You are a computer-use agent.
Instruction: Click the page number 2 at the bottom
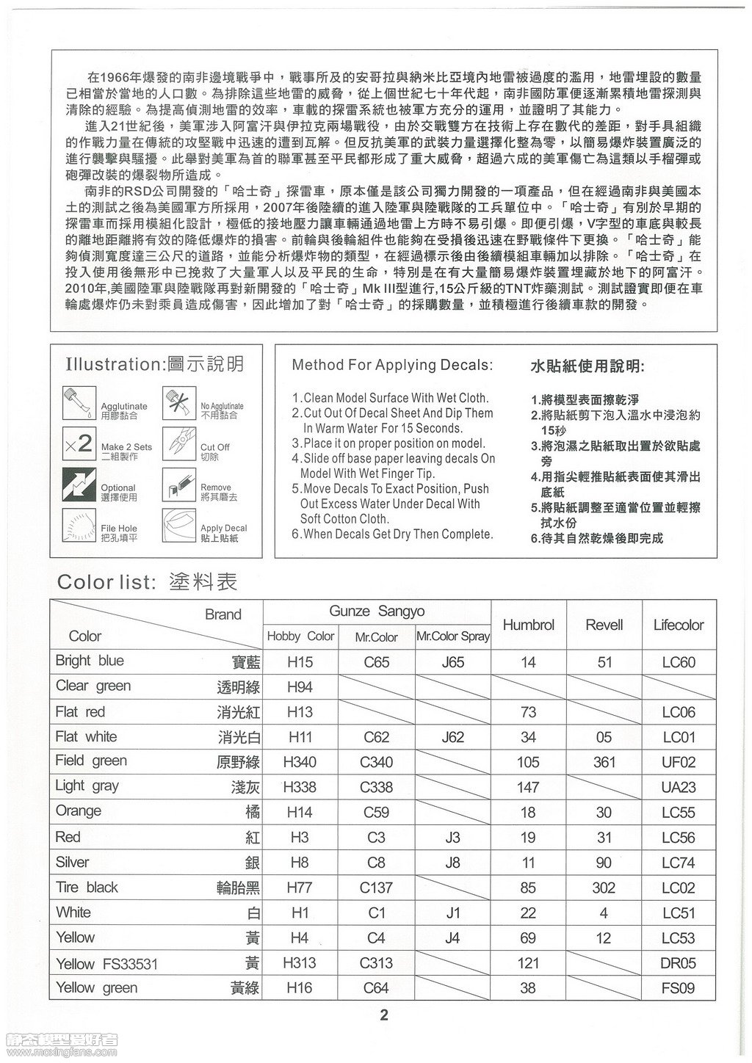point(383,1016)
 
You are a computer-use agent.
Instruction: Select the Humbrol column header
point(528,625)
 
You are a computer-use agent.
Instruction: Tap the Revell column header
point(604,625)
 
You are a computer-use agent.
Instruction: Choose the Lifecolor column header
point(678,625)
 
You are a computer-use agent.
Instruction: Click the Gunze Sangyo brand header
point(377,612)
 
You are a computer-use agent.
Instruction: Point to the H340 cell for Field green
point(300,762)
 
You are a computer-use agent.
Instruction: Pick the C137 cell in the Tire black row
point(376,888)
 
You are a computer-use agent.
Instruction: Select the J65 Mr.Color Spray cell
point(453,662)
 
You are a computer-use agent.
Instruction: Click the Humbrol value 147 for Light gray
point(528,788)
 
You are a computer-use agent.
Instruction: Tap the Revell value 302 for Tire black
point(604,888)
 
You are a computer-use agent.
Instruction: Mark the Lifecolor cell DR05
point(678,963)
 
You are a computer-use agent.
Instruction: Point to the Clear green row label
point(93,686)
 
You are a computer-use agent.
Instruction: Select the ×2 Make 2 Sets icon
point(79,443)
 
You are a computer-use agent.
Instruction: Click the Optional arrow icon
point(79,485)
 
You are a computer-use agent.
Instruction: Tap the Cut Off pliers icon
point(178,443)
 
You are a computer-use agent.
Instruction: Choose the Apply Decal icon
point(178,526)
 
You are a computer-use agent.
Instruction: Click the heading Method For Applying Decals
point(392,365)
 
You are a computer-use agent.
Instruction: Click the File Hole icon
point(79,526)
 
